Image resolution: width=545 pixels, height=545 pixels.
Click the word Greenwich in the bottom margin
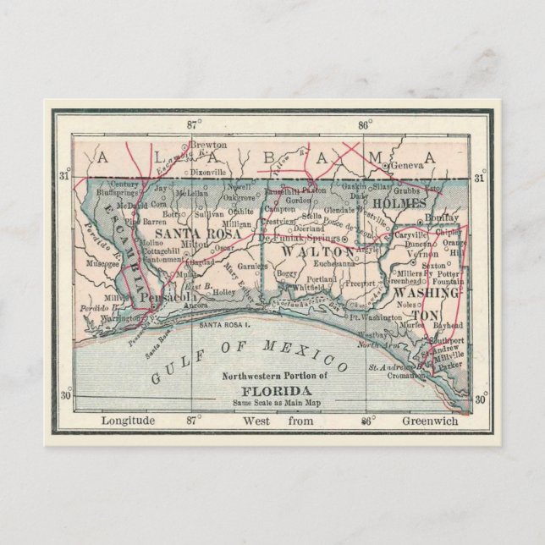point(430,421)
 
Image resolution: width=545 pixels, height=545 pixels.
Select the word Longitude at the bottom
point(128,421)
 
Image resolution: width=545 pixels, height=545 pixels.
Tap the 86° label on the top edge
point(365,124)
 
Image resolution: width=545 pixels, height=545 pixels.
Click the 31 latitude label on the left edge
point(65,177)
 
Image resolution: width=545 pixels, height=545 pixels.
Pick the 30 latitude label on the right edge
point(480,399)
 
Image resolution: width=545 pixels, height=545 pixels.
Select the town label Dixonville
point(208,171)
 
